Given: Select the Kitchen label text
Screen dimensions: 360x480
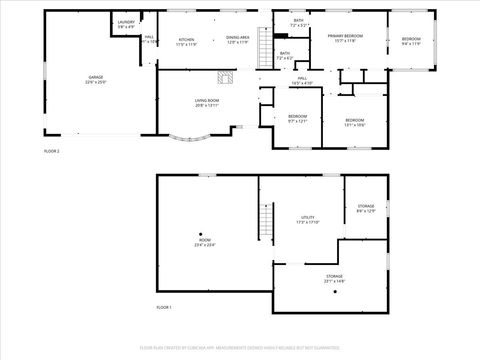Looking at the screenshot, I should [x=186, y=40].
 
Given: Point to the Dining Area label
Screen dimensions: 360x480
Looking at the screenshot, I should [x=237, y=40].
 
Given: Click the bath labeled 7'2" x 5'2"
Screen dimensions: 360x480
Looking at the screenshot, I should [x=299, y=22].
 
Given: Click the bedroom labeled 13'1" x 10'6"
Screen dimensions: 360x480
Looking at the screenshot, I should [x=356, y=122].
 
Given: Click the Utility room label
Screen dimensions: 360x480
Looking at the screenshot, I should [x=308, y=219].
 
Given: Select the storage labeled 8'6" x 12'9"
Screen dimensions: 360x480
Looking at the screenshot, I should [x=366, y=210].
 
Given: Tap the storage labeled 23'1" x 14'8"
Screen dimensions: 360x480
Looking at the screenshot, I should [x=333, y=278].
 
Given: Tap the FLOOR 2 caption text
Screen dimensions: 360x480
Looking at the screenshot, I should [x=52, y=151].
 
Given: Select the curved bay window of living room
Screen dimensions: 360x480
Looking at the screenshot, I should [x=190, y=139].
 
